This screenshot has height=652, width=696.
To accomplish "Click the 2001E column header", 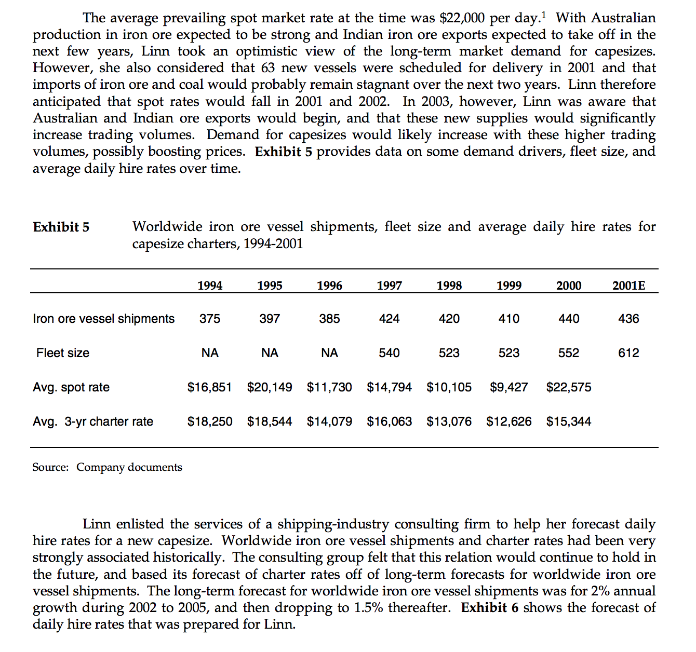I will click(628, 286).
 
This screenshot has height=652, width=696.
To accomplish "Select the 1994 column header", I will click(210, 286).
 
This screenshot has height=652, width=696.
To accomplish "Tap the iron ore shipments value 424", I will click(389, 319).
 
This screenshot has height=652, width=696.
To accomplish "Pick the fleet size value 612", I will click(628, 353).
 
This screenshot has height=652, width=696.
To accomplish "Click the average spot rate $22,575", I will click(569, 387).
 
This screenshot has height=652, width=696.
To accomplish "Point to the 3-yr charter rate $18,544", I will click(270, 422).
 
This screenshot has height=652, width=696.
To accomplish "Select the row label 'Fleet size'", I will click(63, 353).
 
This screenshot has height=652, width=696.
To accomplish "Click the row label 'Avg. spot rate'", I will click(71, 387).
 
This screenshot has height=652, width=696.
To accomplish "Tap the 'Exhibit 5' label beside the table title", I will click(61, 227).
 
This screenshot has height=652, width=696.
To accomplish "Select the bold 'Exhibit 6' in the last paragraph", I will click(489, 608).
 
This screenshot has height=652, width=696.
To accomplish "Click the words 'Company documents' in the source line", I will click(129, 467).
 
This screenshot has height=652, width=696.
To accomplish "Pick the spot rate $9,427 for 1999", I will click(509, 387).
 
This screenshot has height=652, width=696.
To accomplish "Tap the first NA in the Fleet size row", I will click(210, 353).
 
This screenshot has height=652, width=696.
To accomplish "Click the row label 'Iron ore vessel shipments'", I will click(104, 319).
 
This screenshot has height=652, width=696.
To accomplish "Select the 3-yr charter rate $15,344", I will click(569, 422).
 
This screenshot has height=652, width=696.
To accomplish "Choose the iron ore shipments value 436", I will click(628, 319).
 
